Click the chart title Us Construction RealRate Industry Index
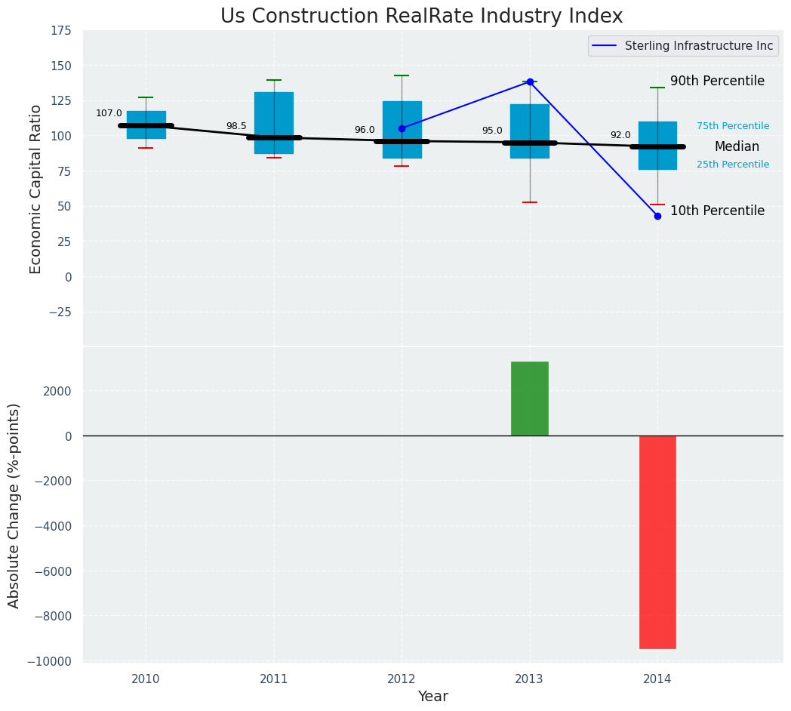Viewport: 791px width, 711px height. point(421,17)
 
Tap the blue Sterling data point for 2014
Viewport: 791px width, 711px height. point(657,216)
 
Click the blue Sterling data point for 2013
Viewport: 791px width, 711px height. point(530,82)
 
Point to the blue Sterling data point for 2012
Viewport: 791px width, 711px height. point(402,128)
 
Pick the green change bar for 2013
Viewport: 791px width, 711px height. point(529,399)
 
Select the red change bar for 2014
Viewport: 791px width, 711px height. point(657,542)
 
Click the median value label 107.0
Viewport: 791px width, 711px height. point(109,113)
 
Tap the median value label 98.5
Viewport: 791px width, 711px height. point(236,126)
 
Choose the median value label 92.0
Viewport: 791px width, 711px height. point(620,135)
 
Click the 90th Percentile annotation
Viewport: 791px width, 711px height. point(717,81)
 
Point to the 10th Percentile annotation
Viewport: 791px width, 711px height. point(717,211)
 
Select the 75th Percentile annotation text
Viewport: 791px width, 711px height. point(733,126)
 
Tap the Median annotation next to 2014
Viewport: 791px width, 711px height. point(737,146)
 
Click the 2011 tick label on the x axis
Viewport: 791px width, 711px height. point(274,679)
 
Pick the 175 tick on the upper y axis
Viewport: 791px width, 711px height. point(61,30)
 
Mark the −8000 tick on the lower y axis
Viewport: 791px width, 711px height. point(53,616)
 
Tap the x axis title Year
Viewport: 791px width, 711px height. point(433,697)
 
